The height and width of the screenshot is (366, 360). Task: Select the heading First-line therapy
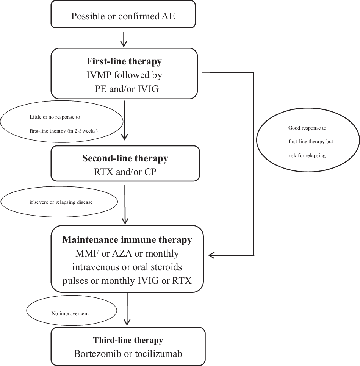pyautogui.click(x=124, y=61)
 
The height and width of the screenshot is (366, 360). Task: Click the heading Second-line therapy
pyautogui.click(x=125, y=158)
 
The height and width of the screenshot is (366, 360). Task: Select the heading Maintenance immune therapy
pyautogui.click(x=127, y=240)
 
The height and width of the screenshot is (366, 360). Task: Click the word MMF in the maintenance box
pyautogui.click(x=86, y=253)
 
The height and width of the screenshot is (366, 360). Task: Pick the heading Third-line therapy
pyautogui.click(x=128, y=340)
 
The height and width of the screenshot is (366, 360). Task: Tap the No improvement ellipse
pyautogui.click(x=70, y=313)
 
